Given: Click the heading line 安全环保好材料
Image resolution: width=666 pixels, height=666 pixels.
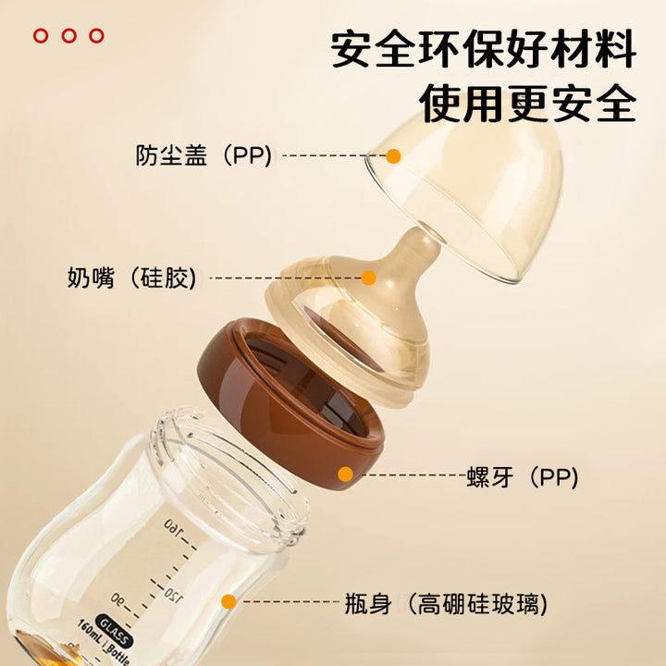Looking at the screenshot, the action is pos(484,48).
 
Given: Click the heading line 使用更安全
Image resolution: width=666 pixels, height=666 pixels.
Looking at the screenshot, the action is pos(528,104).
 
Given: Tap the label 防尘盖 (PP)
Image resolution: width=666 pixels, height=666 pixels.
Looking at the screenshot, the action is pos(203,155).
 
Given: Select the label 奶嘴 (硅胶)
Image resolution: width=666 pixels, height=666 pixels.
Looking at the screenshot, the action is pos(132,277).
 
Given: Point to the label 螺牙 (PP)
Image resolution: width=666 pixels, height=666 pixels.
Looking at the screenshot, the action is pos(523,477).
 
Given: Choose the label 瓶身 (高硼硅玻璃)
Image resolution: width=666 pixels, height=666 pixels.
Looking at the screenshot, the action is pos(446,603).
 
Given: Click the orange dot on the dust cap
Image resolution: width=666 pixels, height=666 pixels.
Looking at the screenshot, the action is pos(394,156).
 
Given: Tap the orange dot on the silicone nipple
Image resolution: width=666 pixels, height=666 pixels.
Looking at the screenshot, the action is pos(369,277).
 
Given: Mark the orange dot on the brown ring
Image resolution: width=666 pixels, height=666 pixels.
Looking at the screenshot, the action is pos(346,474).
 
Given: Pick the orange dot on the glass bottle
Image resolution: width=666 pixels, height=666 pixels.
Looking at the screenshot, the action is pos(229,601).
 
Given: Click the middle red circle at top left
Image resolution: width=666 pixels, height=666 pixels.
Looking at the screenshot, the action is pos(68,36).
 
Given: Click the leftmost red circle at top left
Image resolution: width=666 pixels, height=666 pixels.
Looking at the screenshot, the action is pos(41,36).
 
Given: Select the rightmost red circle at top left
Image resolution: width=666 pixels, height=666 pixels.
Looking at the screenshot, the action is pos(97,36).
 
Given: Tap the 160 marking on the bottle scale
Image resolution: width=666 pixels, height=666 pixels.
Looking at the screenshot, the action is pos(173,526).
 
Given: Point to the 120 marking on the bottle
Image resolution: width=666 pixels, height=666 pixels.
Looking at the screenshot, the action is pos(175,596).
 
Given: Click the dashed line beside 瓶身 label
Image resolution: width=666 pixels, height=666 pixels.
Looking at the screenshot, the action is pos(291,602).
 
